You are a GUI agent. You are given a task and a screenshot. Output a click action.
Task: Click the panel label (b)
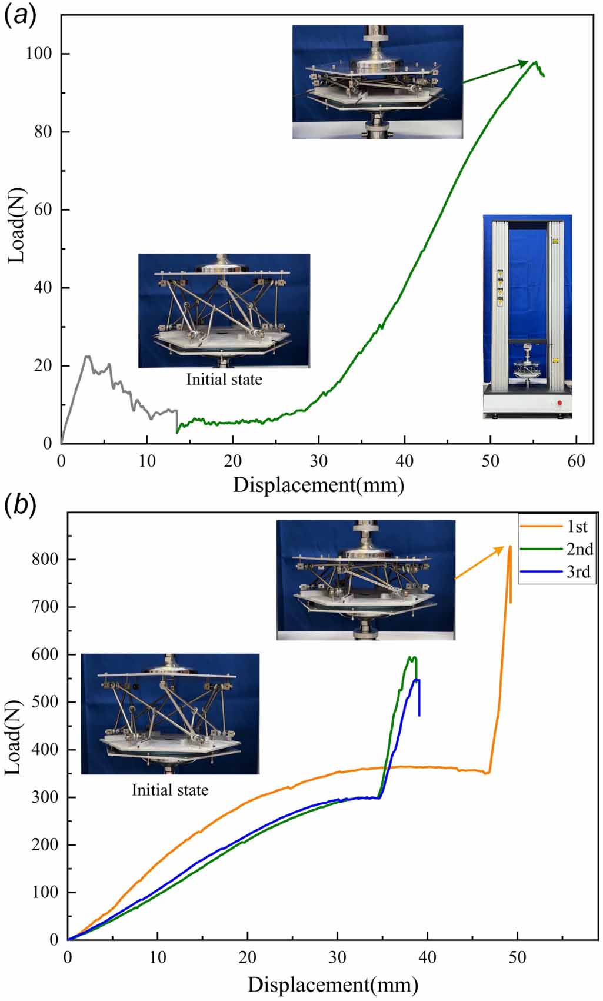tap(20, 505)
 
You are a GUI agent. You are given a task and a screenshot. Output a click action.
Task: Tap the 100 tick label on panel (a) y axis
tap(39, 54)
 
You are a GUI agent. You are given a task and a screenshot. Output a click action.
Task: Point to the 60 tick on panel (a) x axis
tap(576, 461)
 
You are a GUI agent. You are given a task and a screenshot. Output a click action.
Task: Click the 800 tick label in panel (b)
tap(45, 559)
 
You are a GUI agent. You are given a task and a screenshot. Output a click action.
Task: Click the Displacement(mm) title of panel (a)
tap(318, 485)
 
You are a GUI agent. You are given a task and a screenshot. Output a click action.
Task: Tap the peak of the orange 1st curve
tap(510, 547)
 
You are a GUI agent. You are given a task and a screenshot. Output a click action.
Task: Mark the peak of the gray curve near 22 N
tap(87, 356)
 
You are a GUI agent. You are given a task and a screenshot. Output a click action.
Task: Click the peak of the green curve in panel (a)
tap(535, 62)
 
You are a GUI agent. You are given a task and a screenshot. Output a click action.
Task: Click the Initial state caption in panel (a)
tap(224, 380)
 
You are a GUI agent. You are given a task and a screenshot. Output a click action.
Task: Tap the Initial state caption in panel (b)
tap(169, 790)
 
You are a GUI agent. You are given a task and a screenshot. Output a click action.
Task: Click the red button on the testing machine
tap(559, 403)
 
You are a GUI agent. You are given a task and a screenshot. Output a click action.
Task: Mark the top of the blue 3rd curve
tap(417, 680)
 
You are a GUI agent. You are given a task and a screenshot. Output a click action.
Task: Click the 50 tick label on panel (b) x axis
tap(517, 957)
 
